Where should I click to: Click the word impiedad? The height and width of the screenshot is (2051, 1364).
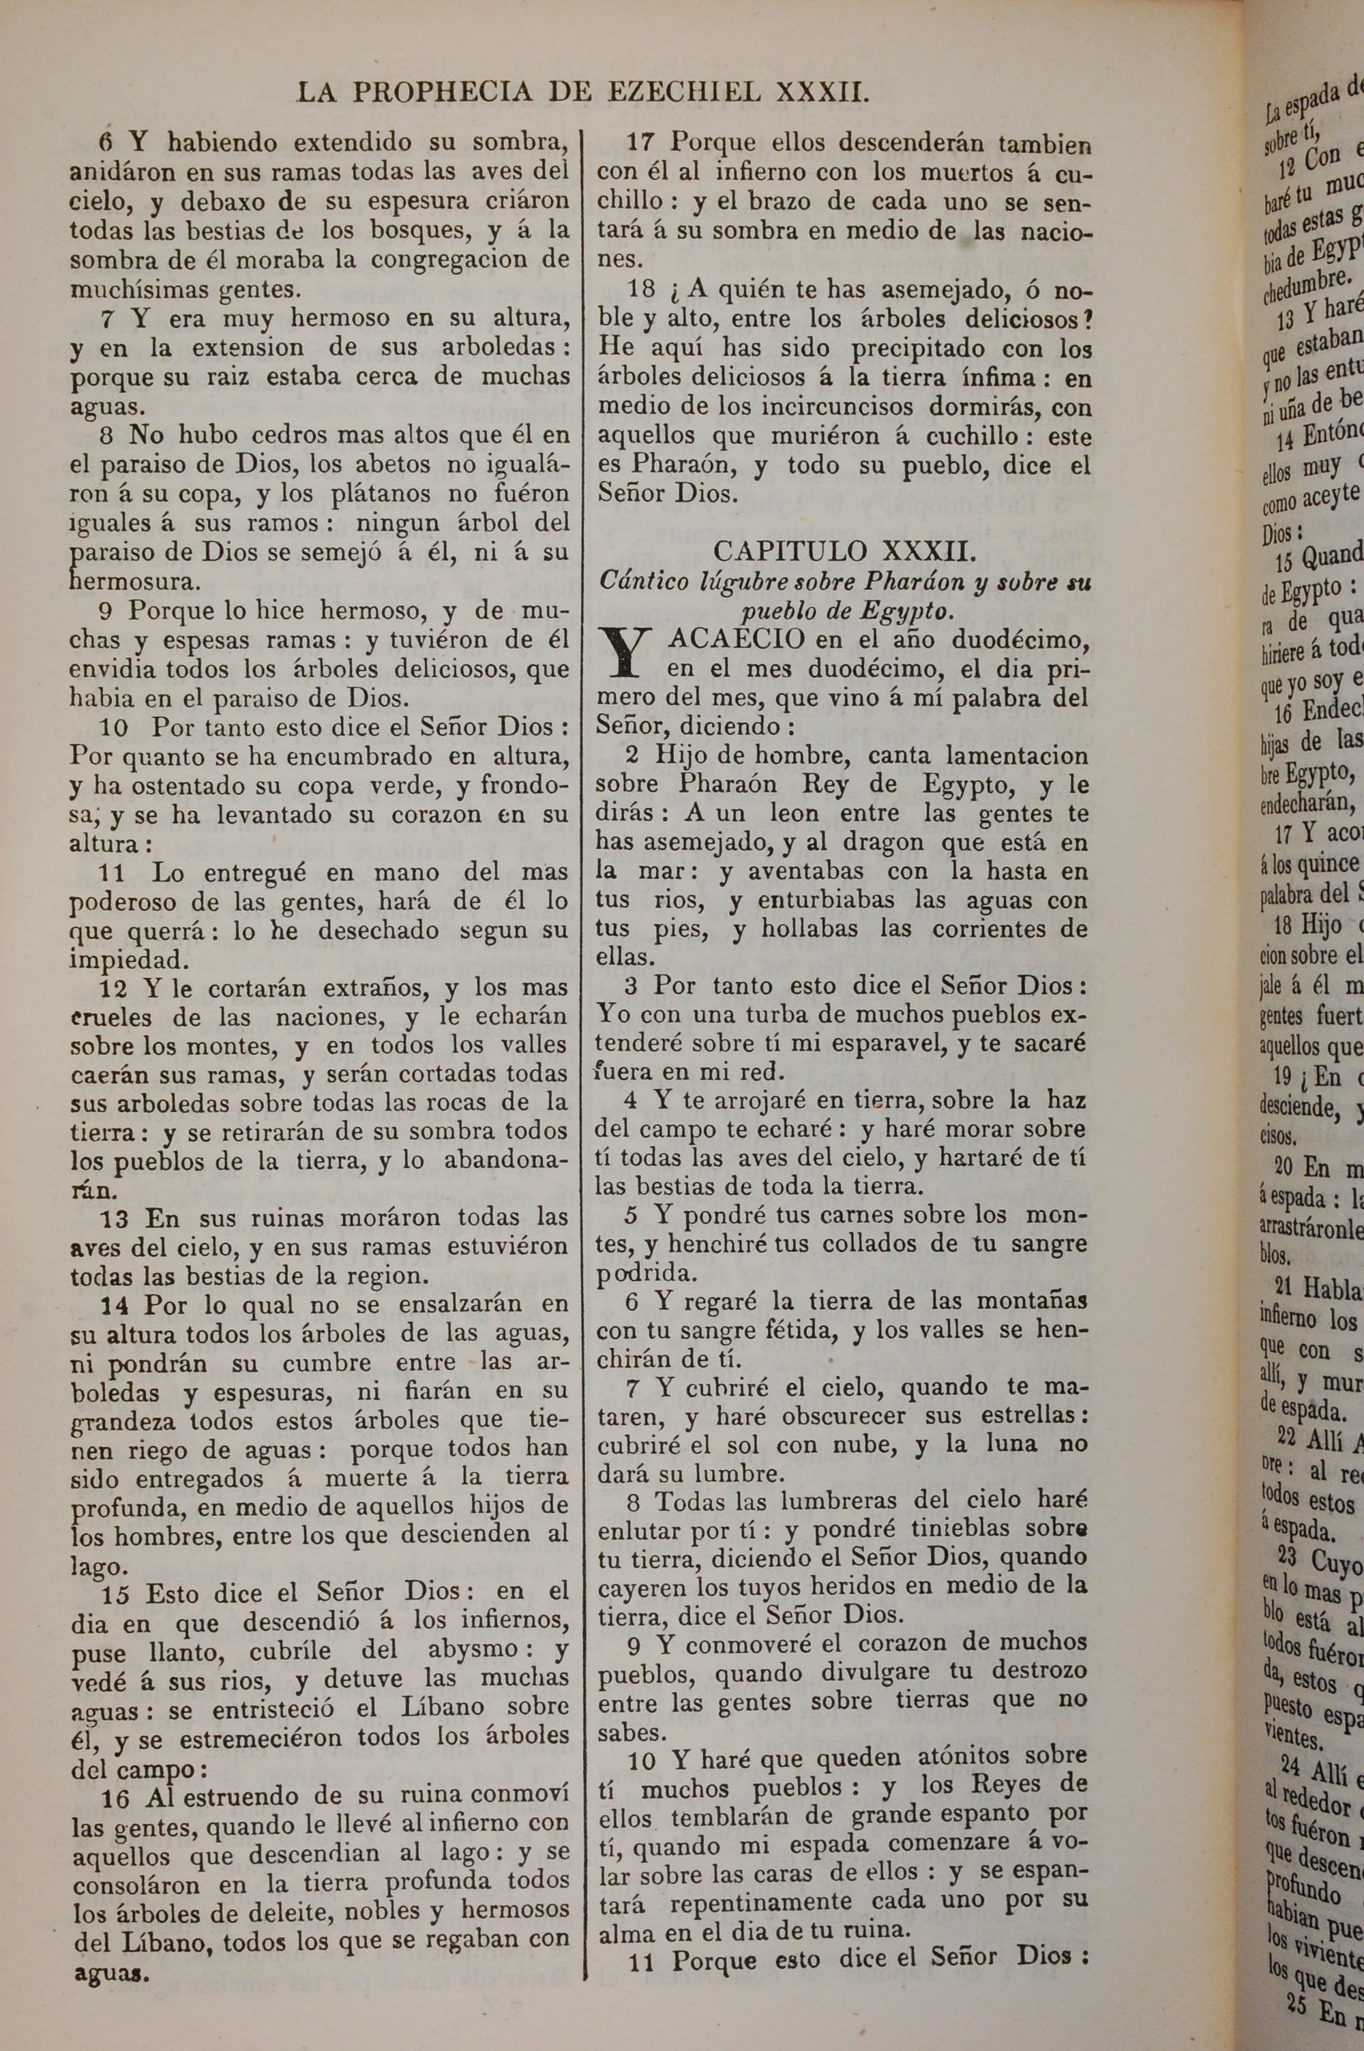tap(117, 959)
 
